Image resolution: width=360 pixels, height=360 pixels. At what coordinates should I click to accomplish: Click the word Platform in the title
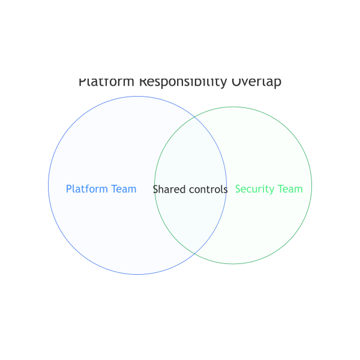pos(107,82)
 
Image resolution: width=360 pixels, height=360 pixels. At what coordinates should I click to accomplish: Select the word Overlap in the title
pos(256,82)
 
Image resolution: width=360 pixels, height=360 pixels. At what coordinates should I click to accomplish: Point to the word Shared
pos(168,190)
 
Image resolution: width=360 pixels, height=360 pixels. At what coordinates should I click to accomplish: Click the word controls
pos(206,190)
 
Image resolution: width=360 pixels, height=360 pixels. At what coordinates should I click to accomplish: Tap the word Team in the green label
pos(290,189)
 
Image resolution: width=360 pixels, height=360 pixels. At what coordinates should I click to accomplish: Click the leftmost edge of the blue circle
pos(49,185)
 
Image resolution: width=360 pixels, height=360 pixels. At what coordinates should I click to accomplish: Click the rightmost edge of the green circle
pos(311,185)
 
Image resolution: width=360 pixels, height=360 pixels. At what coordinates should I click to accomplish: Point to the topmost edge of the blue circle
pos(137,97)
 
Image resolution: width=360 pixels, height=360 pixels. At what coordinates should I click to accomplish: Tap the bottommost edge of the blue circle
pos(137,274)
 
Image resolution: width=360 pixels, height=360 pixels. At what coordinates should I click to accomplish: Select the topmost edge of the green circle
pos(233,107)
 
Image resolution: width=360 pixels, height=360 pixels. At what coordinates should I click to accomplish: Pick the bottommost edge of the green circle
pos(233,263)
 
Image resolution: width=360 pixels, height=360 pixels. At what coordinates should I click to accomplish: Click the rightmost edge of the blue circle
pos(226,185)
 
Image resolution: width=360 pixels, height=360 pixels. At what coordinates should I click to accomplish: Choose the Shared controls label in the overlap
pos(190,190)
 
